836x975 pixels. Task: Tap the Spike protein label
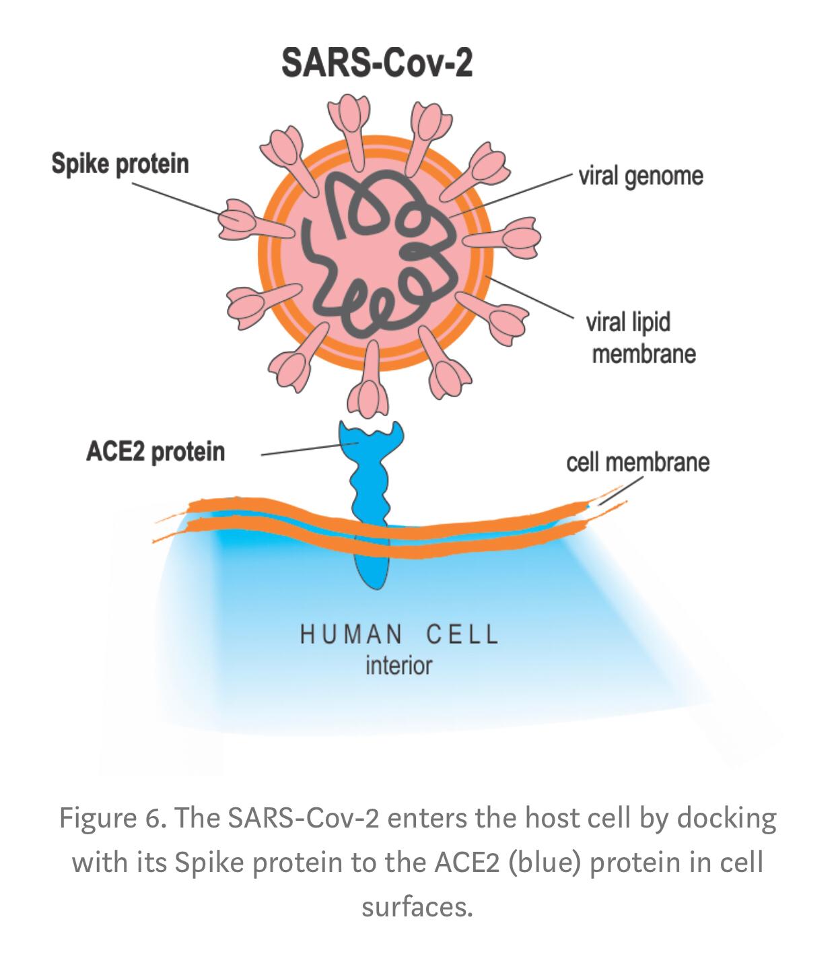click(120, 164)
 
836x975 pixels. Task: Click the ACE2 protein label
click(155, 452)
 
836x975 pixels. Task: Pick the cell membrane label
click(637, 463)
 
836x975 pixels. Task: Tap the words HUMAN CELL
click(399, 635)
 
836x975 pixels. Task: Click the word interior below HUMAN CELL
click(398, 666)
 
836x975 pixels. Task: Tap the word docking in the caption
click(726, 819)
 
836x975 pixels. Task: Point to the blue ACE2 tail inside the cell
click(372, 566)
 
